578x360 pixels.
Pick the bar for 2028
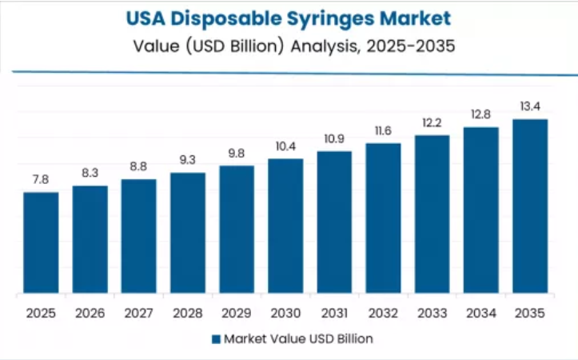(x=188, y=233)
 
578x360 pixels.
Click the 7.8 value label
(x=41, y=181)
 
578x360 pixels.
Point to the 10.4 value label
(x=285, y=147)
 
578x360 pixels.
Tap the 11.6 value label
(x=383, y=132)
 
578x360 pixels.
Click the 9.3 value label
(x=188, y=161)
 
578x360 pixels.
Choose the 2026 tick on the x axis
(x=90, y=313)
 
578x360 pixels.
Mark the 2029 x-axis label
(x=237, y=313)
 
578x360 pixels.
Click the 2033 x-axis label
(x=433, y=313)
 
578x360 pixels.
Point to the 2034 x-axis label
(x=481, y=313)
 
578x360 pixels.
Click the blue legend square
(x=216, y=339)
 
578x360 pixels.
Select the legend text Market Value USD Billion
(x=297, y=339)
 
